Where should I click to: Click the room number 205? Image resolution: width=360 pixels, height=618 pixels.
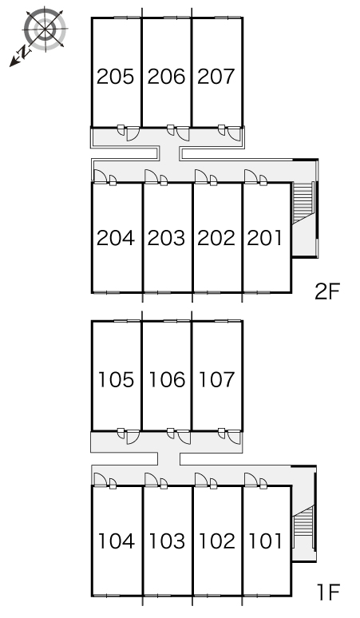pos(116,77)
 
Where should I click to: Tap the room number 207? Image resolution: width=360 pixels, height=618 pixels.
pos(216,77)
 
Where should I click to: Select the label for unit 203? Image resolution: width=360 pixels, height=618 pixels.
pos(166,238)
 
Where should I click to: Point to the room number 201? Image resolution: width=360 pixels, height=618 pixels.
pos(265,238)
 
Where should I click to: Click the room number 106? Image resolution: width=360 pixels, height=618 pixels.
pos(167,379)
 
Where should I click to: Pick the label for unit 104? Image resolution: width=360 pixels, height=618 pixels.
pos(117,541)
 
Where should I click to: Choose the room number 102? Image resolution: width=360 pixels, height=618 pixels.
pos(217,541)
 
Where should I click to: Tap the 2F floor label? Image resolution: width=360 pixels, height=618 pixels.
pos(327,291)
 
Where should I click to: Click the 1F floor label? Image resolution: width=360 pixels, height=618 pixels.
pos(329,592)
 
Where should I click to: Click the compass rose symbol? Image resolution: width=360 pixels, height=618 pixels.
pos(45,30)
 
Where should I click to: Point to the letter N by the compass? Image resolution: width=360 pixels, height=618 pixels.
pos(24,52)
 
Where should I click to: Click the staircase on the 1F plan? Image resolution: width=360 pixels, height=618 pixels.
pos(303,519)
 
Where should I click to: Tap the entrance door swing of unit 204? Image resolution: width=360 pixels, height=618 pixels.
pos(100,176)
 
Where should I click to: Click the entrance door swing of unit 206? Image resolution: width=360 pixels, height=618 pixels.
pos(183,133)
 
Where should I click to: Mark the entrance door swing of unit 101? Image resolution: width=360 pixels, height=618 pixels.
pos(251,480)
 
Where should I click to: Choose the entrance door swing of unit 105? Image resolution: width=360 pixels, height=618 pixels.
pos(133,437)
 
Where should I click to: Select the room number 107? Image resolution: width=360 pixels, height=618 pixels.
pos(217,379)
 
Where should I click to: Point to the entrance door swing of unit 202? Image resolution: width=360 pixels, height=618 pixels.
pos(201,176)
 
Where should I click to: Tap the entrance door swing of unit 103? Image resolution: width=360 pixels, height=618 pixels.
pos(151,480)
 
